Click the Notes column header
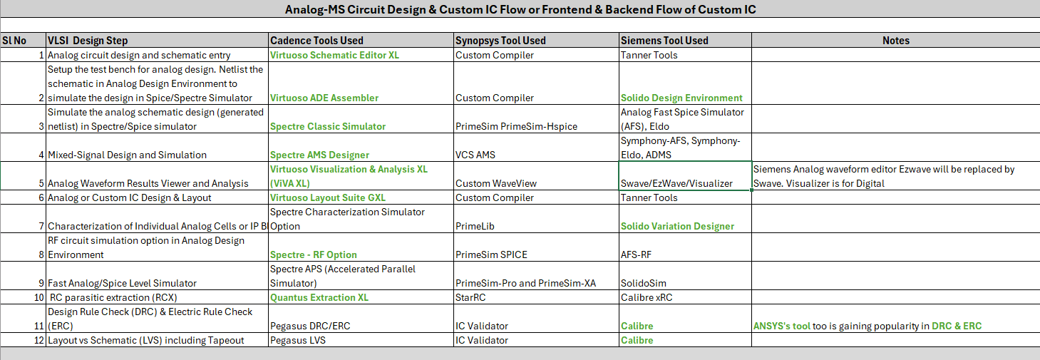pyautogui.click(x=895, y=41)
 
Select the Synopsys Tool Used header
pyautogui.click(x=500, y=41)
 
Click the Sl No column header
pyautogui.click(x=14, y=41)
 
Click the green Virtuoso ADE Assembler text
pyautogui.click(x=324, y=98)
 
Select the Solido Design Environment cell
pyautogui.click(x=681, y=98)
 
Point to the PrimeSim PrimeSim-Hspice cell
pyautogui.click(x=516, y=126)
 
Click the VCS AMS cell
pyautogui.click(x=475, y=155)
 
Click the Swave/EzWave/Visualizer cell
pyautogui.click(x=676, y=183)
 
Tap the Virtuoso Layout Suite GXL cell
pyautogui.click(x=328, y=197)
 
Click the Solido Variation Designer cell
pyautogui.click(x=677, y=226)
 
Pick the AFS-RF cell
pyautogui.click(x=637, y=254)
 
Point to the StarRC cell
pyautogui.click(x=471, y=297)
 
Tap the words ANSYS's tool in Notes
pyautogui.click(x=781, y=326)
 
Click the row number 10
pyautogui.click(x=40, y=297)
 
